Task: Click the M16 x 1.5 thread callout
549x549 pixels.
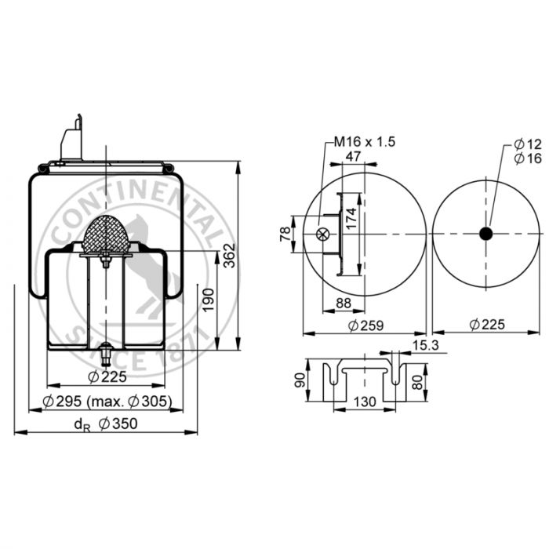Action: click(x=365, y=142)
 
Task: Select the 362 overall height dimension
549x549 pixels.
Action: click(x=229, y=255)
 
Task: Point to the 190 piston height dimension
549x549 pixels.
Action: click(x=209, y=300)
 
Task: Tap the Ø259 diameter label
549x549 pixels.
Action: click(x=366, y=325)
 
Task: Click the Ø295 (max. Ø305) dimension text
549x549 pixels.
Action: click(x=107, y=402)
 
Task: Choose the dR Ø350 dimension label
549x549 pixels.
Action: click(x=106, y=424)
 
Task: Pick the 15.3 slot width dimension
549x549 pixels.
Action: click(x=425, y=345)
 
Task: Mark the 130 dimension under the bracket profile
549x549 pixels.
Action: click(x=365, y=402)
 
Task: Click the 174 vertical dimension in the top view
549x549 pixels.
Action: click(x=351, y=218)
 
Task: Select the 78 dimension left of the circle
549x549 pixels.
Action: click(x=285, y=234)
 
